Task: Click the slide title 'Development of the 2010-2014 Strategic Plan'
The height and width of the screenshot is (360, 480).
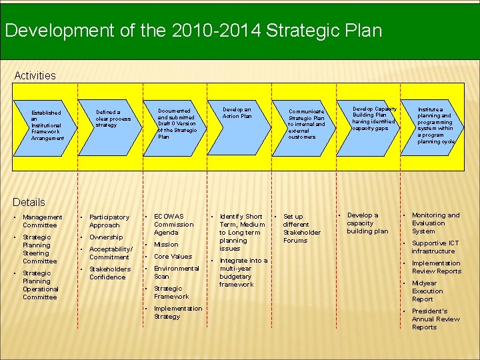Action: coord(193,31)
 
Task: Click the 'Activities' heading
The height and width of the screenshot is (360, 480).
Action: coord(35,75)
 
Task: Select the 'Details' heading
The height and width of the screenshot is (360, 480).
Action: coord(29,202)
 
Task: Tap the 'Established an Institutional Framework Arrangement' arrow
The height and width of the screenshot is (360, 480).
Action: coord(47,125)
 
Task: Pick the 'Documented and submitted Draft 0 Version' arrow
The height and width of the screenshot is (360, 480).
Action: coord(177,123)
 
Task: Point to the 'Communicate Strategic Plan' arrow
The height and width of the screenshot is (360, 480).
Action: coord(307,124)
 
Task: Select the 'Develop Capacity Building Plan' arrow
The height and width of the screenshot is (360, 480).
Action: coord(373,118)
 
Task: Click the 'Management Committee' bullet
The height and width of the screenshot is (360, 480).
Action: coord(43,221)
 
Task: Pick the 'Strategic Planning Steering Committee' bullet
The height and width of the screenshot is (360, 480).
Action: coord(41,249)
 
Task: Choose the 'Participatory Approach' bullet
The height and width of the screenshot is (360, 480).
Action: coord(109,221)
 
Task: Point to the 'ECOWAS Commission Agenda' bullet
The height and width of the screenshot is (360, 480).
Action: coord(174,225)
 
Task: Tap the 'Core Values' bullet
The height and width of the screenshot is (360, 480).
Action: coord(173,257)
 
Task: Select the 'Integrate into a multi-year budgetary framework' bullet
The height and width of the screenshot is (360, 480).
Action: coord(243,273)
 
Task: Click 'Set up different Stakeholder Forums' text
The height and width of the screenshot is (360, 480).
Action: coord(302,229)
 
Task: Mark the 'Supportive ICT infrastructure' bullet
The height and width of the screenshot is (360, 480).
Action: coord(435,247)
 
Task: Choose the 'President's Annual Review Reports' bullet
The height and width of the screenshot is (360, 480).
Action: coord(436,319)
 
